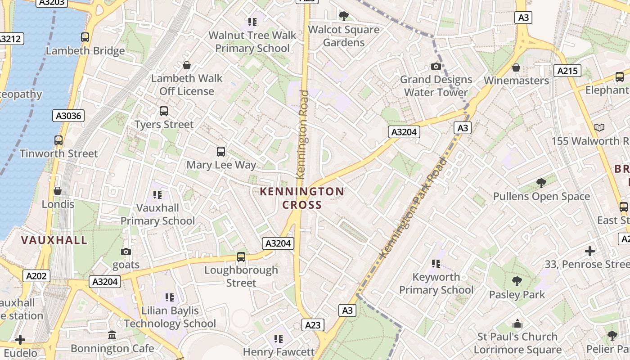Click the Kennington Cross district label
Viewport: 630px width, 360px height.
coord(302,198)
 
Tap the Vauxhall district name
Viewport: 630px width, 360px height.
coord(54,240)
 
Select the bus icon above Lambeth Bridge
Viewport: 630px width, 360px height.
coord(85,37)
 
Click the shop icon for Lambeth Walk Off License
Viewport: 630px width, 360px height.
coord(187,65)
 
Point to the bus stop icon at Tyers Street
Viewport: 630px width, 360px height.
coord(164,111)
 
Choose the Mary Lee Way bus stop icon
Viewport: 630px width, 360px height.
coord(221,152)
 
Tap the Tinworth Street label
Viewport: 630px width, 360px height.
coord(58,153)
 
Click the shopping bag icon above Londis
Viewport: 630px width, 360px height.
coord(58,191)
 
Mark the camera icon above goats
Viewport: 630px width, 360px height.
coord(126,252)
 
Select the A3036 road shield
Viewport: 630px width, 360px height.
coord(68,116)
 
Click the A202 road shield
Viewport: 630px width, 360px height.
coord(36,276)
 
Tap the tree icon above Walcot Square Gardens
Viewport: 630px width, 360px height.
coord(344,16)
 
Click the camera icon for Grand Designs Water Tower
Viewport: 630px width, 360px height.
coord(436,67)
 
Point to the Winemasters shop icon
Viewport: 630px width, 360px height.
coord(516,67)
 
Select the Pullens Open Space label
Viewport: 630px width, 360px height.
coord(541,197)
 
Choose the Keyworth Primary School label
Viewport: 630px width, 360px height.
coord(436,283)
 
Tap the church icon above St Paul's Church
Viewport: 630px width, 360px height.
coord(517,324)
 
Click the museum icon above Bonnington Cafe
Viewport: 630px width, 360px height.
coord(112,335)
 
